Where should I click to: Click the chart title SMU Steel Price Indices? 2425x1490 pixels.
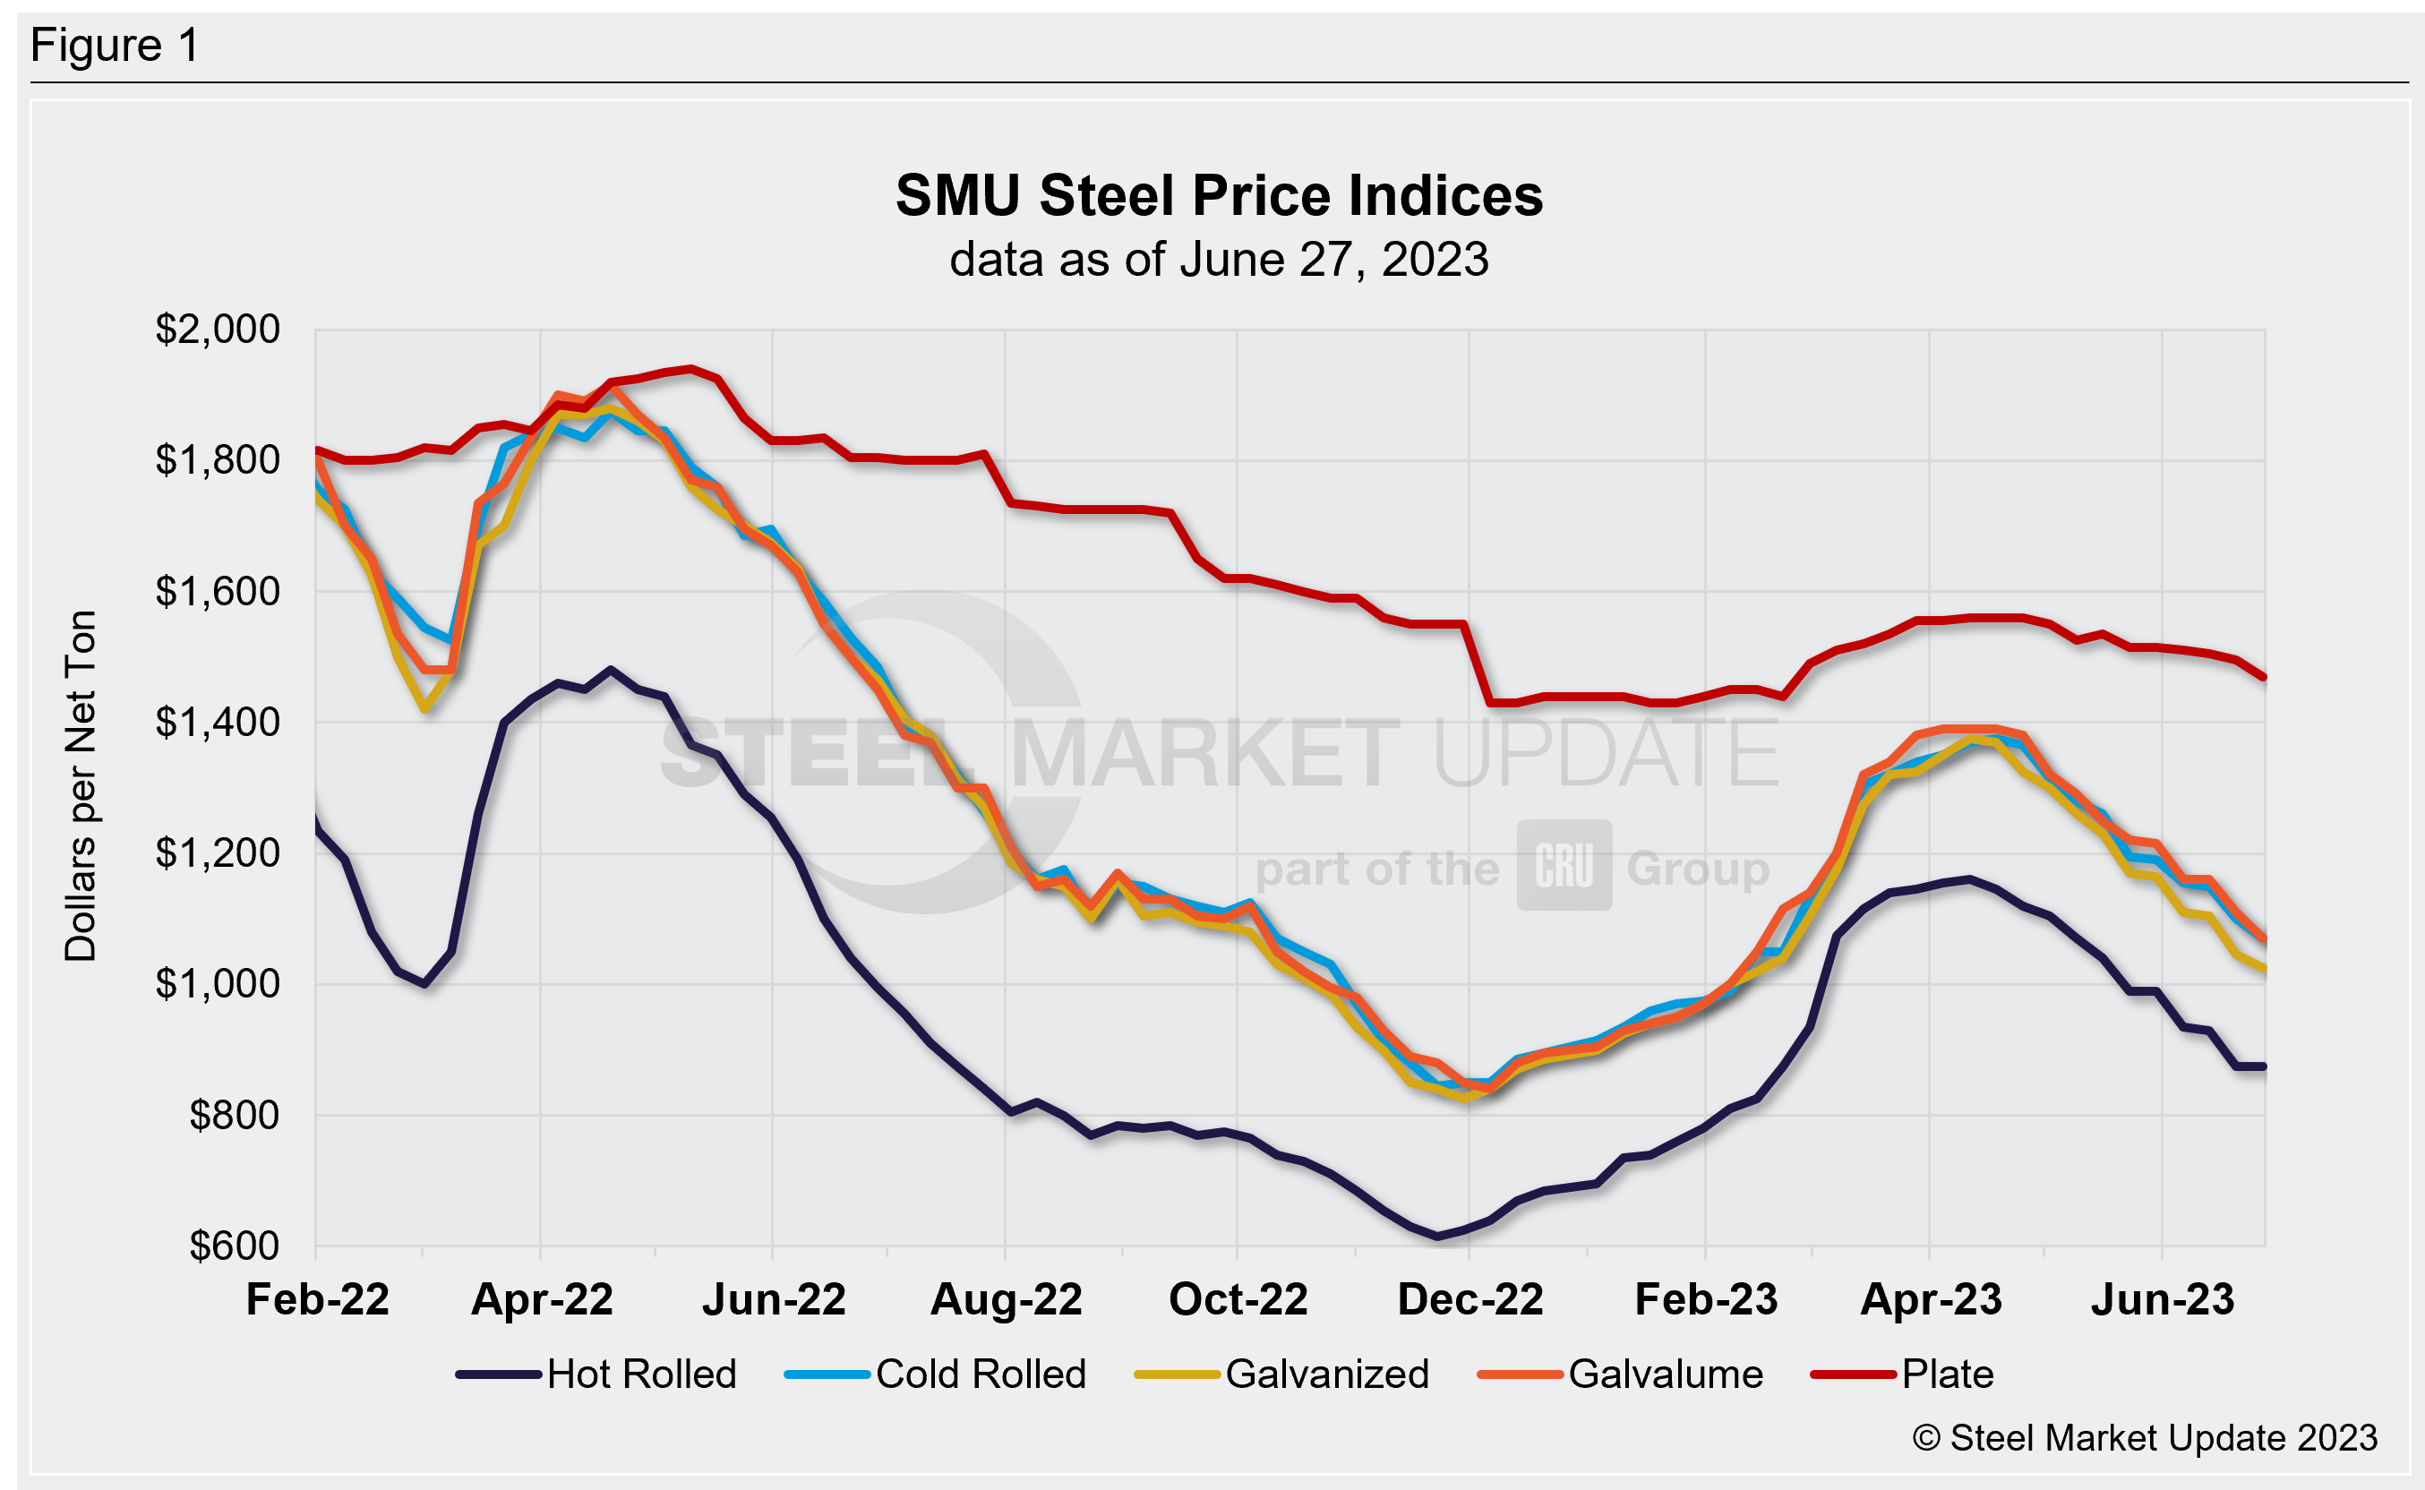tap(1219, 195)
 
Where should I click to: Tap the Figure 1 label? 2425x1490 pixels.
tap(115, 46)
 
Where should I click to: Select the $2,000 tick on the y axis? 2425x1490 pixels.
tap(218, 330)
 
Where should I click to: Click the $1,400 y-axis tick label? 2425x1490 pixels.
tap(218, 723)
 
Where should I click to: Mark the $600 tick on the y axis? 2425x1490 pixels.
tap(235, 1246)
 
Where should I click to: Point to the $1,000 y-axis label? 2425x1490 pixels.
tap(218, 983)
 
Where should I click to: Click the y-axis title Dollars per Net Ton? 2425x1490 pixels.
tap(81, 785)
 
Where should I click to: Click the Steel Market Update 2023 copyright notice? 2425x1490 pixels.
tap(2145, 1438)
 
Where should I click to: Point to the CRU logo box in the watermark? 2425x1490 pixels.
tap(1564, 865)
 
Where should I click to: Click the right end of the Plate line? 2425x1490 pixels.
tap(2265, 677)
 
